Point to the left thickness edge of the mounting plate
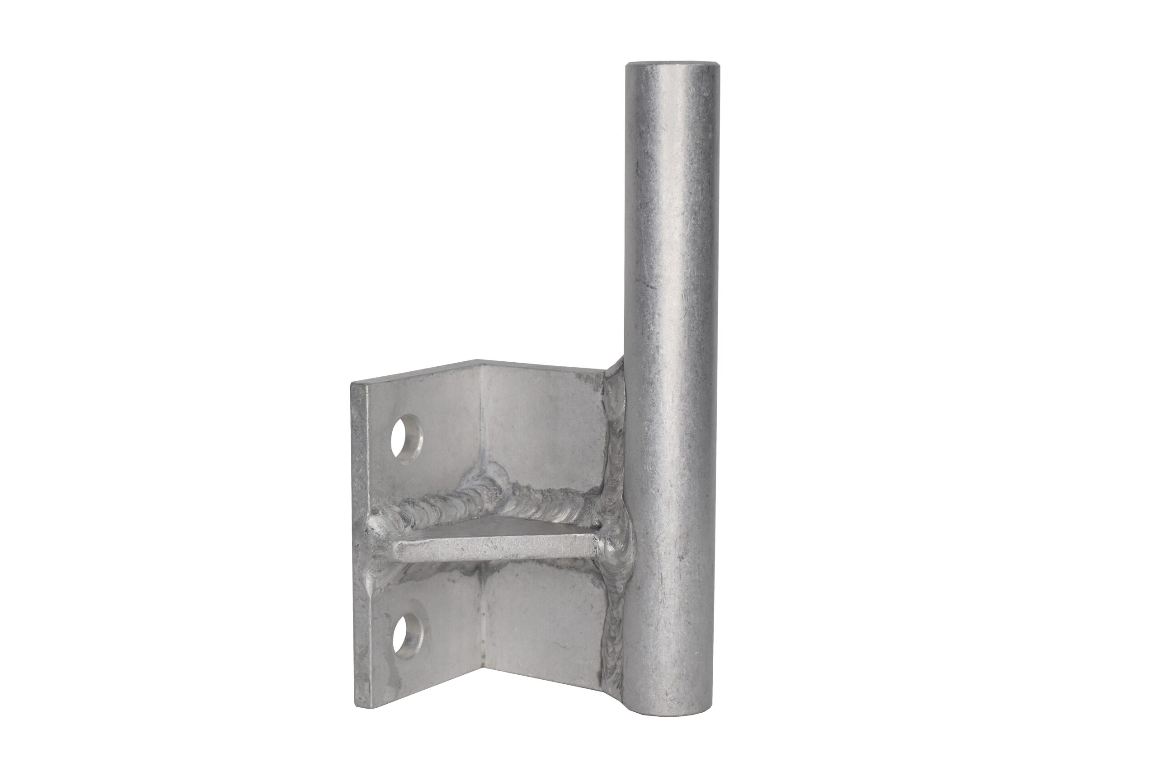pos(360,541)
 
